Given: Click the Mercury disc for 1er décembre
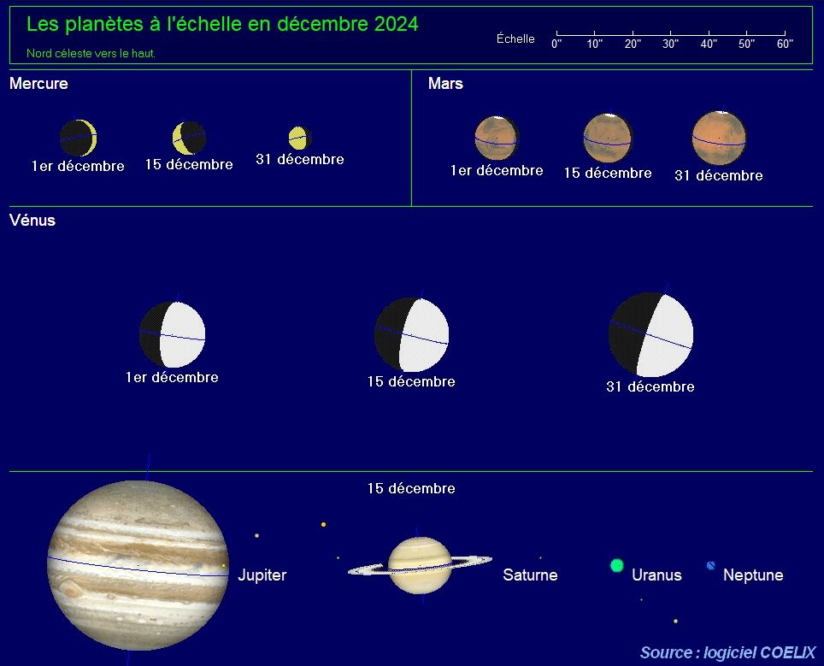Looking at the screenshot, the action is point(79,138).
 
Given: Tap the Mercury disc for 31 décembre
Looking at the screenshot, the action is point(300,138).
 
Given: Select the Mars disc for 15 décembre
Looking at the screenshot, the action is point(608,139).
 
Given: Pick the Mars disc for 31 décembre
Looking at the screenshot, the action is point(718,139).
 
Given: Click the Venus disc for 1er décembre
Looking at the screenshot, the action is point(173,334).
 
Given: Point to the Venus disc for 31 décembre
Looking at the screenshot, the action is point(650,334).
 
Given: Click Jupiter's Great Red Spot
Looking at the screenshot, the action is point(69,587).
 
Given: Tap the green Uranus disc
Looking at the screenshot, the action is point(617,566).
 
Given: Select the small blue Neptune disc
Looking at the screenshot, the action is point(711,566).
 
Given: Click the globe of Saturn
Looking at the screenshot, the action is point(420,566).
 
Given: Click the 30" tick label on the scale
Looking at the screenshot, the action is point(670,44).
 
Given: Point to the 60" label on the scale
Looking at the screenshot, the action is point(785,44).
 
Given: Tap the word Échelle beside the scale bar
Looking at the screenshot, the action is point(515,38).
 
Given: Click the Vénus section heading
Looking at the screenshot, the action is point(32,221).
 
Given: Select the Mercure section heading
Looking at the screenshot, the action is point(38,84).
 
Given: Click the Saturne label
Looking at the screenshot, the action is point(530,575).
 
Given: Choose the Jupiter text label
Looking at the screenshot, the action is point(262,575).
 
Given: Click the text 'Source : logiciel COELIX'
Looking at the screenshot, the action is point(727,653).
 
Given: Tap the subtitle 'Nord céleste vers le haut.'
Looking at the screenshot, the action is point(91,53).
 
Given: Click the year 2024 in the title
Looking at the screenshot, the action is point(397,24).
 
